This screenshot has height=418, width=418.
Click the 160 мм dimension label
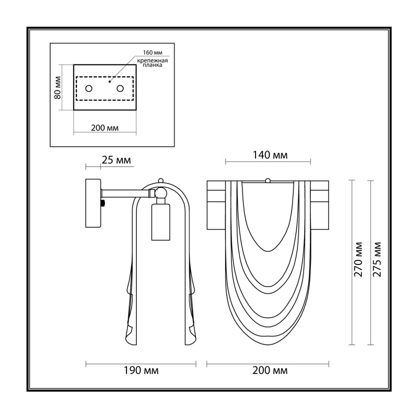[153, 53]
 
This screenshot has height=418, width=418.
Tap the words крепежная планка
[153, 63]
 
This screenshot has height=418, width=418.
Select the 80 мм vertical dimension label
[57, 88]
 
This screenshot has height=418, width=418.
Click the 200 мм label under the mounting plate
[105, 128]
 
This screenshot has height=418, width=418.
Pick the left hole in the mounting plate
[89, 88]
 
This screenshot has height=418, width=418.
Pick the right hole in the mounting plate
[120, 88]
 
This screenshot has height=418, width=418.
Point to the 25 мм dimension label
[116, 160]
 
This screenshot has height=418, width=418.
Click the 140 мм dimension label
[270, 155]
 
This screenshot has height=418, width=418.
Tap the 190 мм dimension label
[141, 370]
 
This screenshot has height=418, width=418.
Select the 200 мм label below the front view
[270, 370]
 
